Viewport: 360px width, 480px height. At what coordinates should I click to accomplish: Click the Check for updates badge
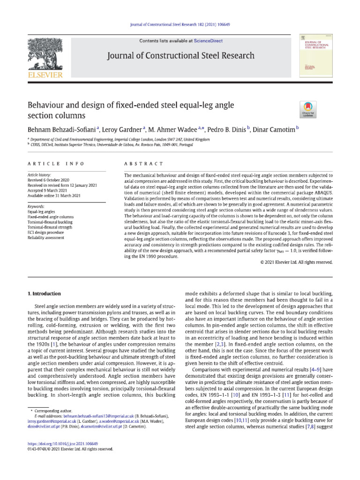pyautogui.click(x=308, y=109)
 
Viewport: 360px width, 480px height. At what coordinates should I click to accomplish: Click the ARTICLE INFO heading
pyautogui.click(x=56, y=164)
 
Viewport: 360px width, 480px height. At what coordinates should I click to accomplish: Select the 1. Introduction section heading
pyautogui.click(x=45, y=294)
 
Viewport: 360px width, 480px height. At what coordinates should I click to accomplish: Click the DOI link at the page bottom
pyautogui.click(x=63, y=456)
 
